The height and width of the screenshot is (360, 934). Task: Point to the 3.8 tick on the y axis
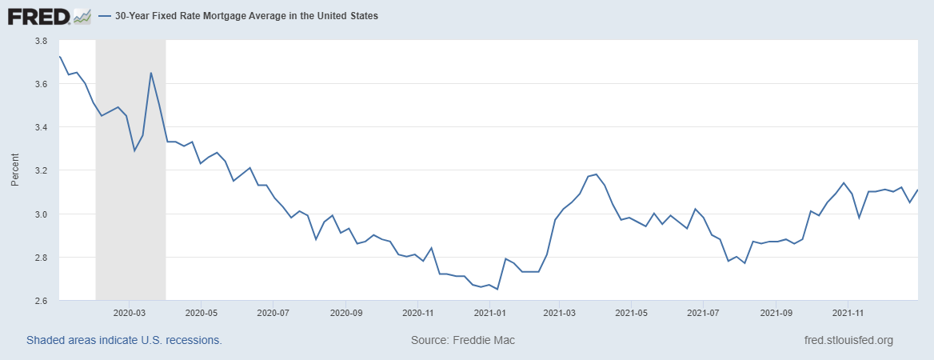click(x=40, y=41)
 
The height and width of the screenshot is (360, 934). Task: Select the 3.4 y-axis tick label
click(x=40, y=127)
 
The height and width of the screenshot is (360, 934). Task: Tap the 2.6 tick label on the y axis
click(x=40, y=301)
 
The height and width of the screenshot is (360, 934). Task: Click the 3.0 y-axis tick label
click(x=40, y=214)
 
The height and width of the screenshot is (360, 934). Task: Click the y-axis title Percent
click(x=14, y=170)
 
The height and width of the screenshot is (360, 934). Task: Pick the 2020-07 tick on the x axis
click(x=273, y=314)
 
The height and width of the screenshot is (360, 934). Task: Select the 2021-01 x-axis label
click(x=489, y=314)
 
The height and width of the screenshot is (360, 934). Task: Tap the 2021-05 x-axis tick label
click(x=632, y=314)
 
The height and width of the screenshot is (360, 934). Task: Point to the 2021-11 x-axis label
click(x=847, y=314)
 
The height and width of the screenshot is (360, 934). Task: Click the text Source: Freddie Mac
click(x=463, y=341)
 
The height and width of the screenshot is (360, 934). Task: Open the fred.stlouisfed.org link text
click(x=848, y=341)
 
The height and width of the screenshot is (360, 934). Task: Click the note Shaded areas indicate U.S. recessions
click(x=124, y=341)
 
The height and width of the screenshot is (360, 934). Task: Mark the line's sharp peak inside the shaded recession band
click(x=151, y=73)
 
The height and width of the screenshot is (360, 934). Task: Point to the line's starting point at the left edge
click(x=60, y=56)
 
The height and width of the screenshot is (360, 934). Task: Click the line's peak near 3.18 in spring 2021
click(x=597, y=174)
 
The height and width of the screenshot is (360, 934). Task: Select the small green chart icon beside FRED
click(x=82, y=16)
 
